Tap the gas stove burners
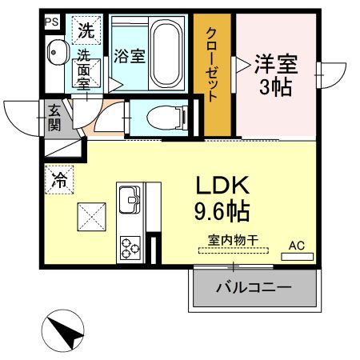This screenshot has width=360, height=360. pyautogui.click(x=130, y=248)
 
